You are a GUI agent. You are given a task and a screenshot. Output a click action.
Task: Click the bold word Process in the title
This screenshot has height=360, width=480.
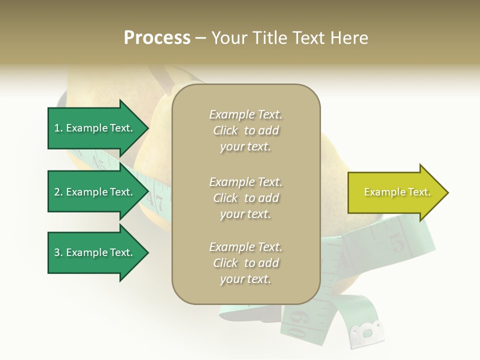point(157,38)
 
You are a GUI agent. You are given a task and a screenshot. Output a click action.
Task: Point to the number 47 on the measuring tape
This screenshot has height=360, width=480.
point(156,202)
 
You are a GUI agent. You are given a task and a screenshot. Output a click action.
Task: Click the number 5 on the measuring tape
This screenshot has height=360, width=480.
point(398,244)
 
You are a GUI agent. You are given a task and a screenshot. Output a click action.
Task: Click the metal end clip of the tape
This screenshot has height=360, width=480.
point(367,332)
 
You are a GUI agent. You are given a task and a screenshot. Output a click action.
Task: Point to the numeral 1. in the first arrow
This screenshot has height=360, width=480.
point(58,128)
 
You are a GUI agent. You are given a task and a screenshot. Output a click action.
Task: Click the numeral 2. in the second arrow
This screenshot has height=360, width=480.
point(58,192)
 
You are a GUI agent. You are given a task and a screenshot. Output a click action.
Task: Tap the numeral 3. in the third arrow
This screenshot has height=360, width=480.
point(58,252)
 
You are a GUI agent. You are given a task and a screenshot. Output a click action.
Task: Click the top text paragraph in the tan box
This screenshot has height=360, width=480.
point(245,130)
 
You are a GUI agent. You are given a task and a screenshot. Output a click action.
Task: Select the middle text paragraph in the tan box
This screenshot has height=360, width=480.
point(245,198)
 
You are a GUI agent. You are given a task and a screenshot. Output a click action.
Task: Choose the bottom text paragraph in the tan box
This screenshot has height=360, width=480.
point(245,263)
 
